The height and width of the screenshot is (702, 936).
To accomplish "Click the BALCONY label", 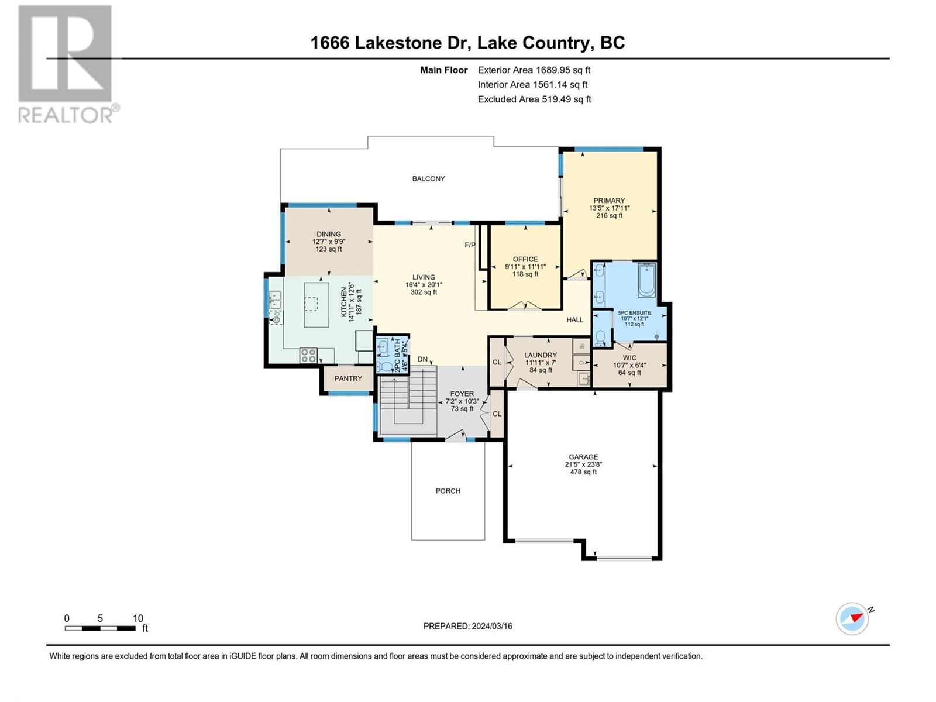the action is (428, 178).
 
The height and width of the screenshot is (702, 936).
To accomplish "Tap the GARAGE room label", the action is (583, 457).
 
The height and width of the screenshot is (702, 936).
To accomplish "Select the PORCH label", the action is (448, 491).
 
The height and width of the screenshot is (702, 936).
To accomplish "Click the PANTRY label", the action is (348, 378).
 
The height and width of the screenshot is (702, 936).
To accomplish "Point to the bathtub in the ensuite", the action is (646, 280).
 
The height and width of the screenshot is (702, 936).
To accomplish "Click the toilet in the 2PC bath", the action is (386, 367).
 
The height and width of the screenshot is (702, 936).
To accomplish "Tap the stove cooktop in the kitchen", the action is (308, 356).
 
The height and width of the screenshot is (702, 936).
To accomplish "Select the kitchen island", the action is (316, 305).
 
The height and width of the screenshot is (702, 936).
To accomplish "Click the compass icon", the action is (852, 618).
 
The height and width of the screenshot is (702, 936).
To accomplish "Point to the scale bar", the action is (100, 628).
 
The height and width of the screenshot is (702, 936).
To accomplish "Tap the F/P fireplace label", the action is (470, 245).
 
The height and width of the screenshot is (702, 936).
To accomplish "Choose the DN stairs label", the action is (422, 359).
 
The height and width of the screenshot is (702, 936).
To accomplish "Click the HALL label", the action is (575, 319).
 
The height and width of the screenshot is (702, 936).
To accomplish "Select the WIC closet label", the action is (629, 357).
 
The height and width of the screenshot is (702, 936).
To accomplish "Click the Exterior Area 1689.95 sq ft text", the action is (534, 70).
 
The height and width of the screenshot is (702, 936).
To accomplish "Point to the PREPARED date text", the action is (468, 626).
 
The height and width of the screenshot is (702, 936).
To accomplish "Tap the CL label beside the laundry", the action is (497, 362).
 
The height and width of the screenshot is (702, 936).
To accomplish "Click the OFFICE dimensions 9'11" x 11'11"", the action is (525, 267).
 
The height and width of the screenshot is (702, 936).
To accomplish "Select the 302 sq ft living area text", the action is (424, 292).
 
